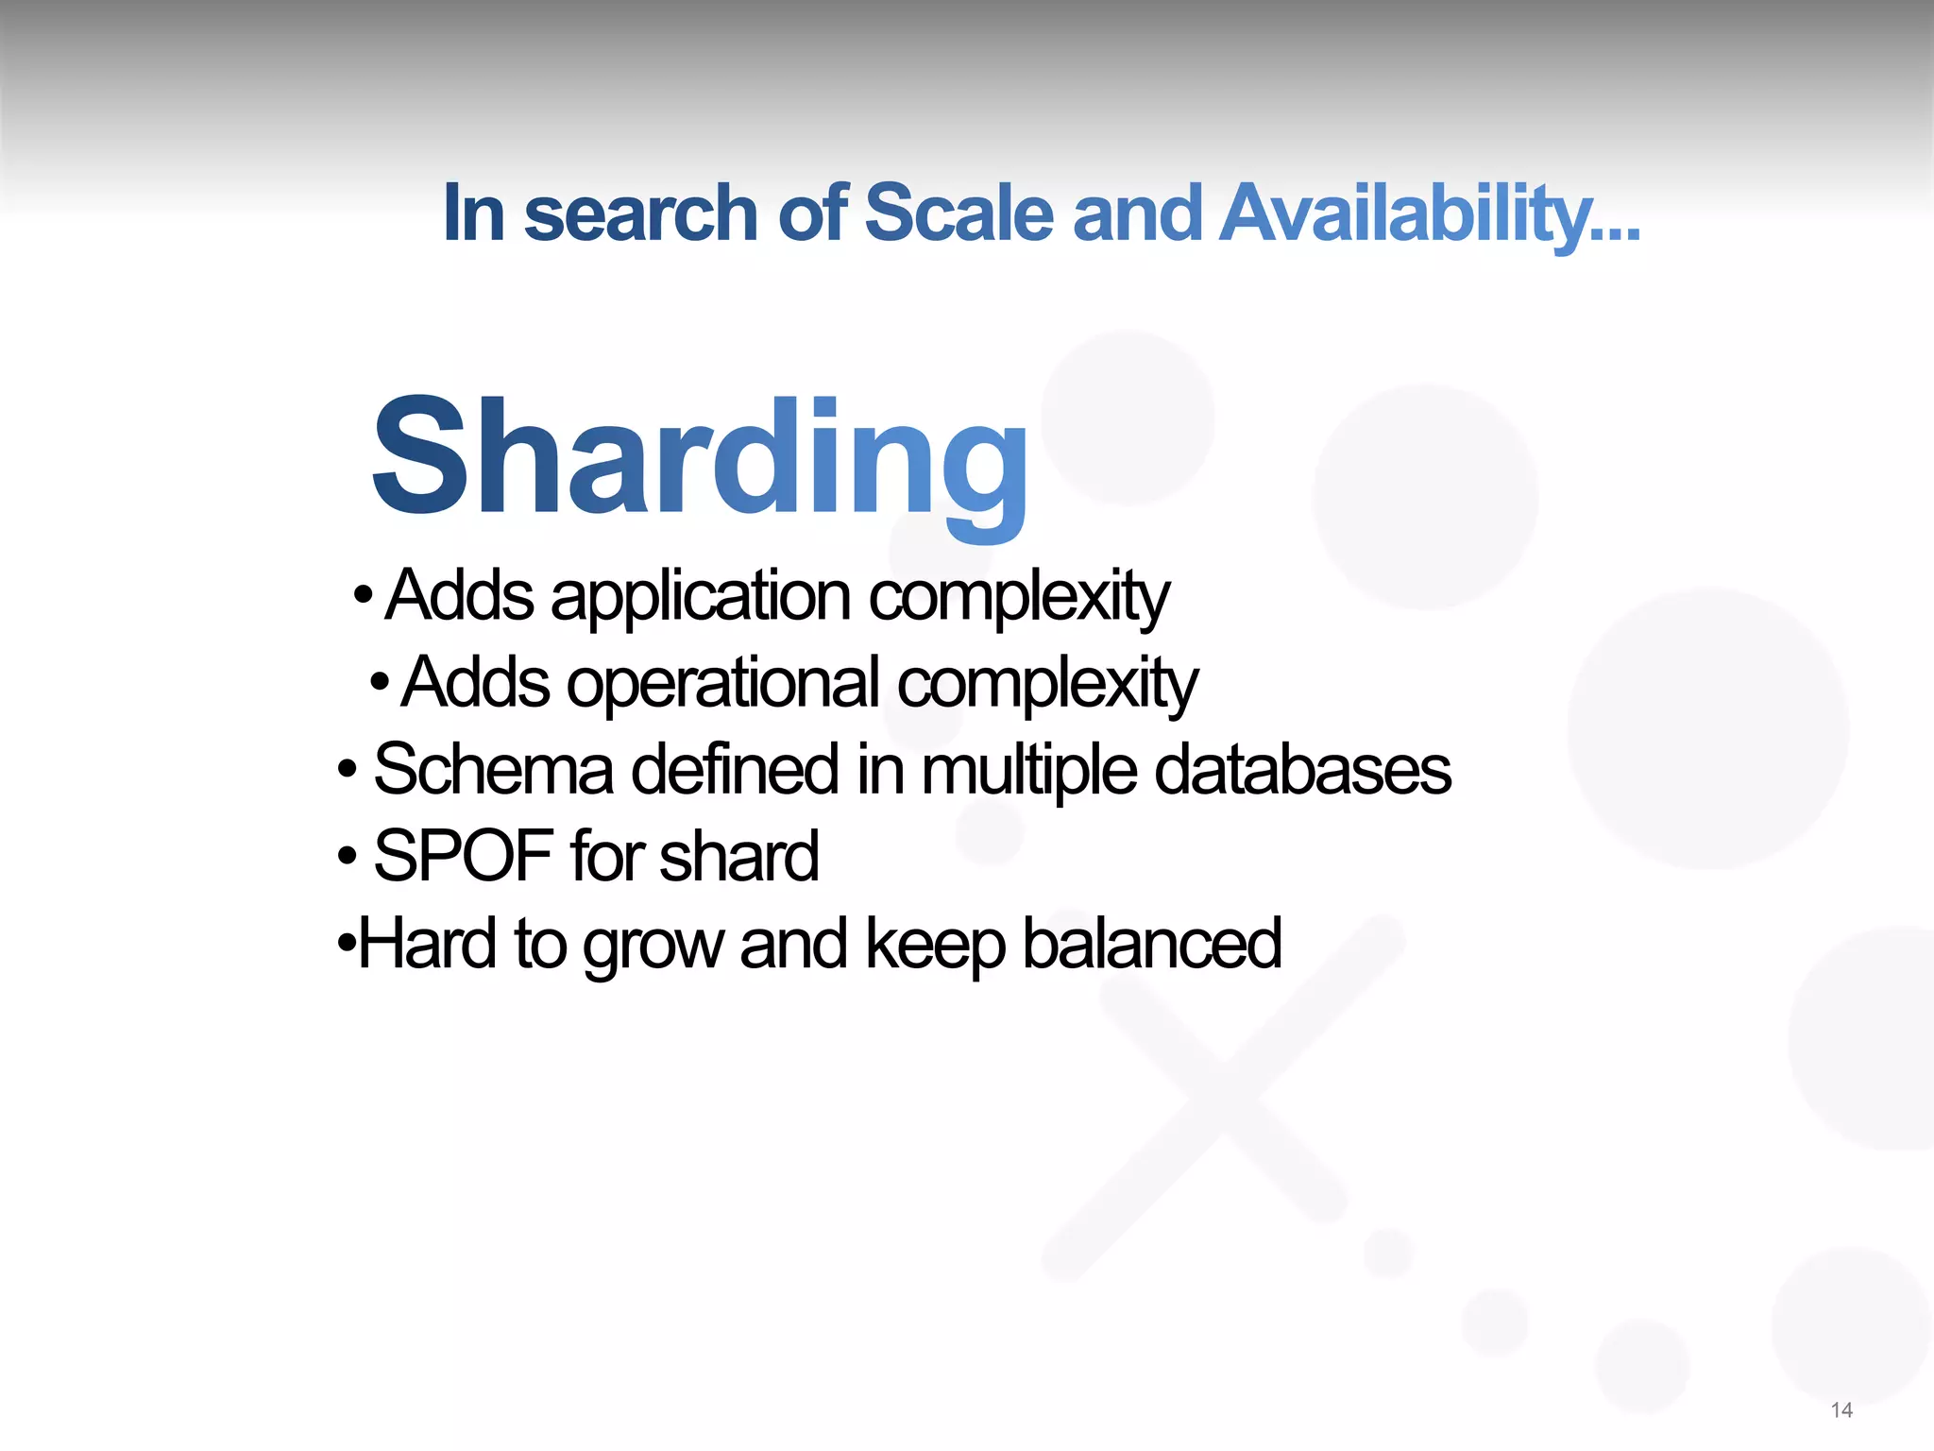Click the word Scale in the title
coord(959,213)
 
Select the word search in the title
coord(640,213)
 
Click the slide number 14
coord(1841,1410)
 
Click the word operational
coord(722,684)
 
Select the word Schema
coord(493,769)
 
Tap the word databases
coord(1302,769)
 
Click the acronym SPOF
coord(463,856)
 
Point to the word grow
coord(653,945)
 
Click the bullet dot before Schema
coord(348,771)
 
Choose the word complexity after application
coord(1019,598)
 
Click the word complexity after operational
coord(1046,684)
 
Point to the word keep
coord(935,945)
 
